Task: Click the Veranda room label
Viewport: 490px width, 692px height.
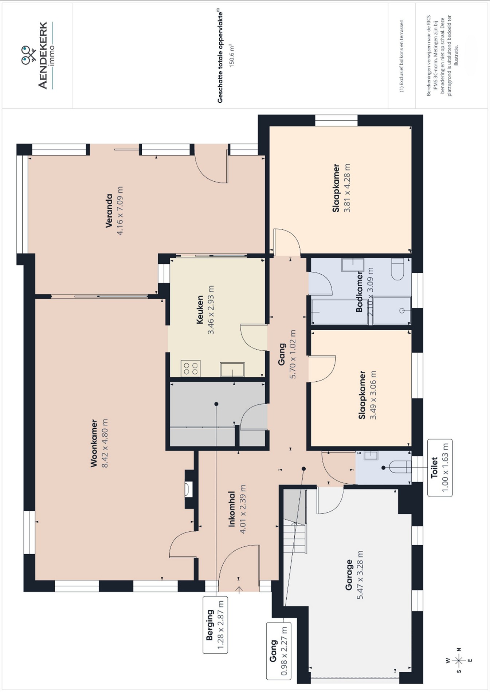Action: coord(109,211)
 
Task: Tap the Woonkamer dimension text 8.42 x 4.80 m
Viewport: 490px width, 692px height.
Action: coord(105,443)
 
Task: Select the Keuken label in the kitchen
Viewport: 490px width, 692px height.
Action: coord(200,310)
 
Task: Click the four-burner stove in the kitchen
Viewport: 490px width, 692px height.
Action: coord(191,368)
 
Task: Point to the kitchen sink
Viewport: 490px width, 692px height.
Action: coord(232,369)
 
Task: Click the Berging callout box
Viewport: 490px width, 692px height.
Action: coord(215,625)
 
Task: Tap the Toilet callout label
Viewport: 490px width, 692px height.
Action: coord(434,468)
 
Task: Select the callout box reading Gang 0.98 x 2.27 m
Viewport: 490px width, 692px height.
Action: coord(279,651)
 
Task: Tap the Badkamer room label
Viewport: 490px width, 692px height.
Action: coord(359,292)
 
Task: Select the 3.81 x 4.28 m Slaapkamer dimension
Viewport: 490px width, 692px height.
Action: coord(347,188)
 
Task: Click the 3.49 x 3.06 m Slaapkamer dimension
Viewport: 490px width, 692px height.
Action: coord(373,395)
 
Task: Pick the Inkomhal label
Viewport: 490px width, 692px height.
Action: coord(231,509)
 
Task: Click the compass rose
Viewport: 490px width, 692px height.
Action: coord(459,660)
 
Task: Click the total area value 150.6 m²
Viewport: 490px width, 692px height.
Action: coord(231,55)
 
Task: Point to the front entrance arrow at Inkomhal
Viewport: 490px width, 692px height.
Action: coord(239,590)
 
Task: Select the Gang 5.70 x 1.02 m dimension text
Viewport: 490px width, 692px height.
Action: coord(293,354)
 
